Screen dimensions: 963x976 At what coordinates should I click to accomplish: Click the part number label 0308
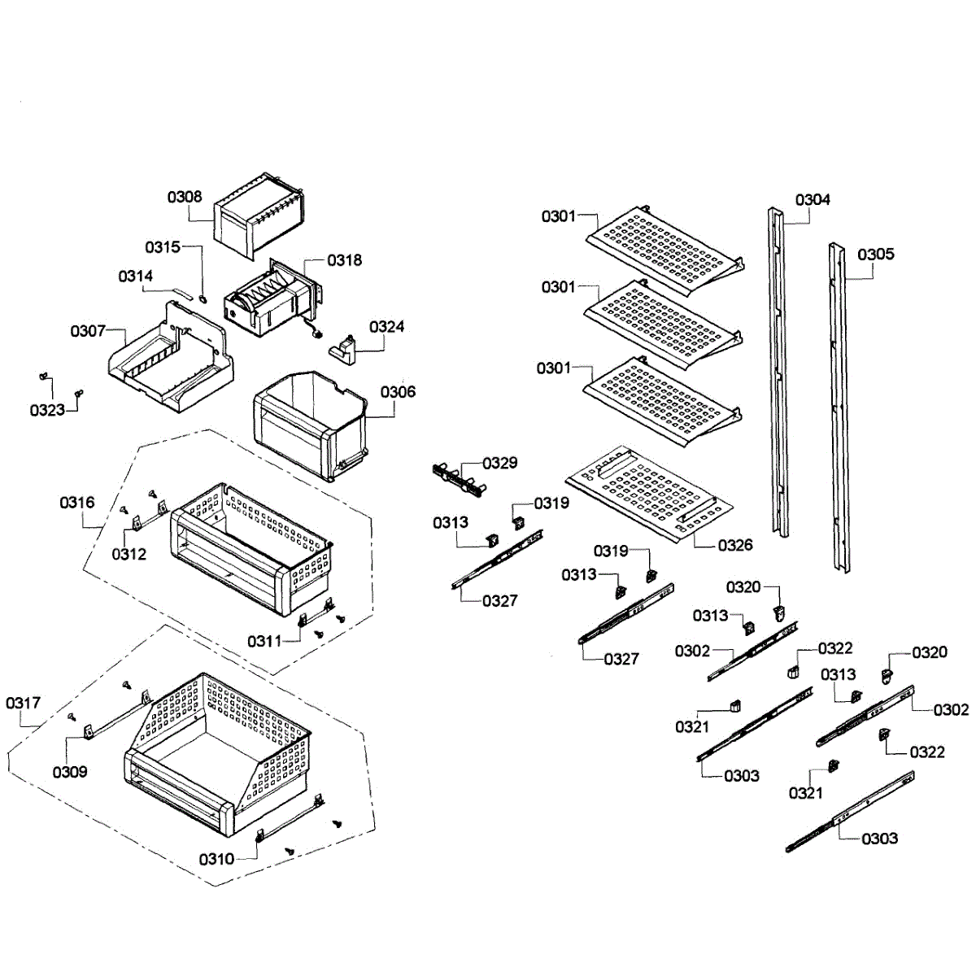[185, 197]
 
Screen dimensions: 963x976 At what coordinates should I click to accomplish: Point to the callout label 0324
[386, 327]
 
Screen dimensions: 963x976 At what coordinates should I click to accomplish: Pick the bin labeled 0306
[309, 427]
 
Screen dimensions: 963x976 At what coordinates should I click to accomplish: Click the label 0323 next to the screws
[47, 410]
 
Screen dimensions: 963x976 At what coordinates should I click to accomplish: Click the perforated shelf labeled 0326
[651, 492]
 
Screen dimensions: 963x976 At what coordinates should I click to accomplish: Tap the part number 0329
[499, 464]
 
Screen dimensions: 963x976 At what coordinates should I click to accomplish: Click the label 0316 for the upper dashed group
[76, 503]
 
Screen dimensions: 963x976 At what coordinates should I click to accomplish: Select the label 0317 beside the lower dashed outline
[23, 703]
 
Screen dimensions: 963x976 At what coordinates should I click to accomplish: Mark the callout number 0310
[216, 859]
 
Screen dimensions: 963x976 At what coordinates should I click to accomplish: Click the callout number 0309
[70, 772]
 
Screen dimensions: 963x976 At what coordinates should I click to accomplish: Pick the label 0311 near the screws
[264, 642]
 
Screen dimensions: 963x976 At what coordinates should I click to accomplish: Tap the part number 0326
[735, 545]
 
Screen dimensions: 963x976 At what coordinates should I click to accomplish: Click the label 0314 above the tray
[136, 277]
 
